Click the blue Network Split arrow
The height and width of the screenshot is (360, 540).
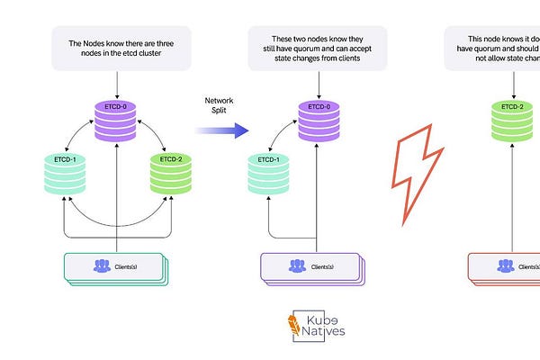tap(220, 130)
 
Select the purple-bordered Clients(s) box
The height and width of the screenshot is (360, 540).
tap(309, 267)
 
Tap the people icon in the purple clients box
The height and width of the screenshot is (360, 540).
tap(296, 266)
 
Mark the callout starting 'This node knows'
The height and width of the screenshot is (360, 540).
tap(499, 49)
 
